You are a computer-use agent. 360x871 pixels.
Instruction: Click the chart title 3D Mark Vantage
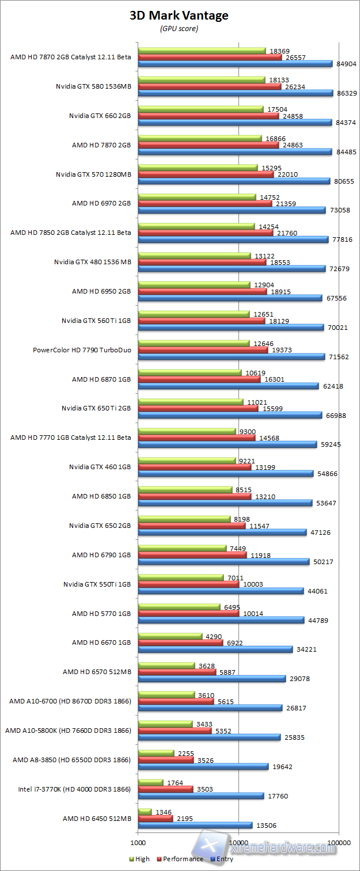179,16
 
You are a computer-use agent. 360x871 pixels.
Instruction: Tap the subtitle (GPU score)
179,28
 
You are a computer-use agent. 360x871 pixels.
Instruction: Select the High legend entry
141,859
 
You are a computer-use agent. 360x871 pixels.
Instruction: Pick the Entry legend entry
223,859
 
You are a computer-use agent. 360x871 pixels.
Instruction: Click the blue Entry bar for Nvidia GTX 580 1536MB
235,93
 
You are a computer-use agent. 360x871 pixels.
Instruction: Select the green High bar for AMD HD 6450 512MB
145,812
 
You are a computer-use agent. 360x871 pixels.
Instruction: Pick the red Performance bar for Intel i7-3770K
165,789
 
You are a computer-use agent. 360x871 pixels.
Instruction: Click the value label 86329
346,93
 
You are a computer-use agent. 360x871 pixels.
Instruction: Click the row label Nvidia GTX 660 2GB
100,115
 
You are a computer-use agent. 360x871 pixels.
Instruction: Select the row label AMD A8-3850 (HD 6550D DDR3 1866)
72,760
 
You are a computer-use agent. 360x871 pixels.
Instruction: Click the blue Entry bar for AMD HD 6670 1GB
215,649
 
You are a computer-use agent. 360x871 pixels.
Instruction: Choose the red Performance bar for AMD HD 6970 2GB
204,203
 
